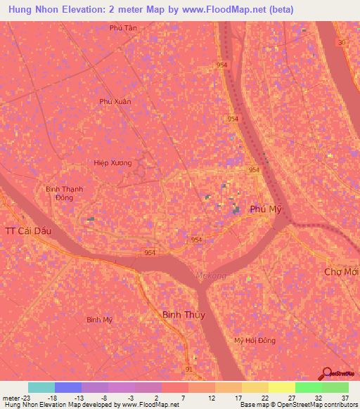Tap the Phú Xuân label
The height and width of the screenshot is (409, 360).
(x=115, y=101)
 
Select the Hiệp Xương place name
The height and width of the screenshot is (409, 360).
(x=112, y=162)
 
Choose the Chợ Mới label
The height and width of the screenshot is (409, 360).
(x=342, y=271)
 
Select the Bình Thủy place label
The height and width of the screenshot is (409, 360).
(x=184, y=315)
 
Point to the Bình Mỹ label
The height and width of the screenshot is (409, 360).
(x=99, y=319)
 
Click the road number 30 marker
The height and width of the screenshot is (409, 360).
(x=342, y=43)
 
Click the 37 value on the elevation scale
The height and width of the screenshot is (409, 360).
(x=345, y=398)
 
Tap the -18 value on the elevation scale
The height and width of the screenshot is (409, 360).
(x=52, y=398)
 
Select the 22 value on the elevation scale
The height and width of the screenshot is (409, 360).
(x=265, y=398)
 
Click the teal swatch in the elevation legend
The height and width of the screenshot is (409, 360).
(x=41, y=387)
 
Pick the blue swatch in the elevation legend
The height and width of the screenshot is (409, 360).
(x=68, y=387)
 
